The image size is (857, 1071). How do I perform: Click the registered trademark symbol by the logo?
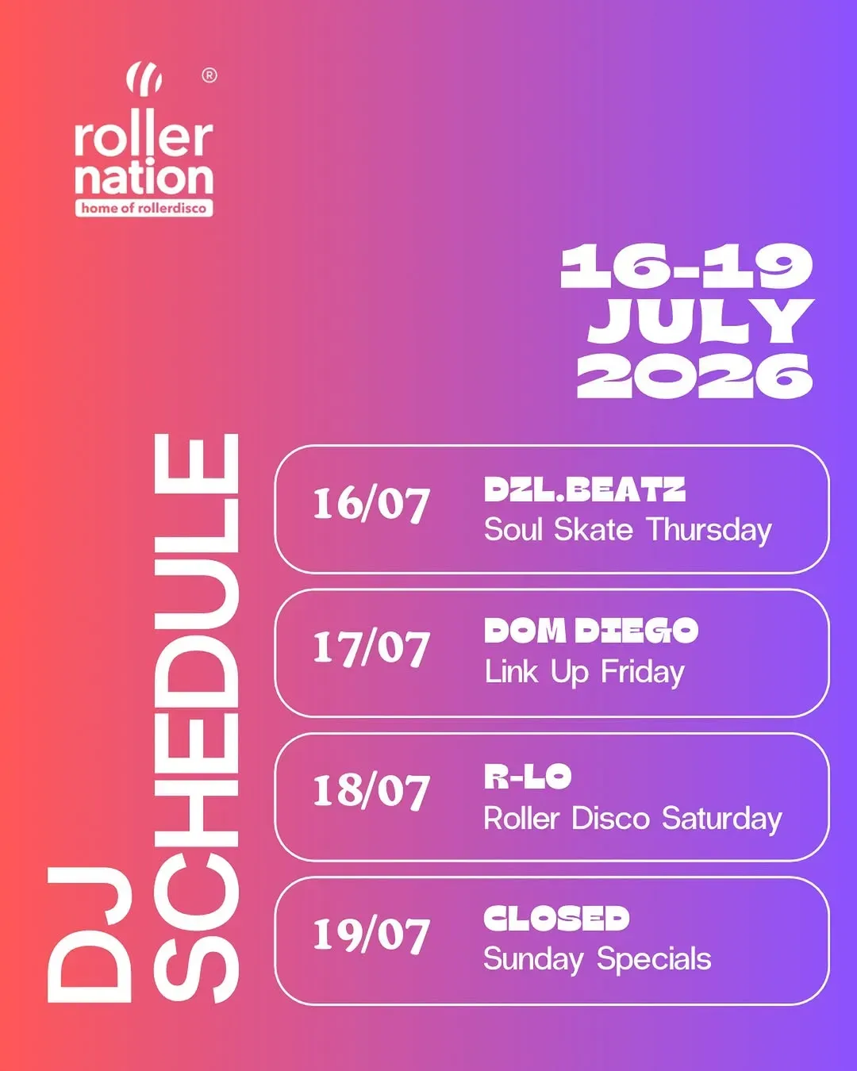pos(209,75)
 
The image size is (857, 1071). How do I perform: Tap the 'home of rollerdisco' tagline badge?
pos(144,208)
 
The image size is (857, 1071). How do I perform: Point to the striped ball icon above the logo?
pos(144,78)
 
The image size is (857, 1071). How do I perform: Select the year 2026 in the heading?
pos(694,376)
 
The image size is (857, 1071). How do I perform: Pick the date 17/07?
pos(371,648)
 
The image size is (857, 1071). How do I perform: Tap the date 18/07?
pos(371,792)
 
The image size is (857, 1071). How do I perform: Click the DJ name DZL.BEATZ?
pos(585,489)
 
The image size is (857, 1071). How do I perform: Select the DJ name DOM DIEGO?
pos(591,631)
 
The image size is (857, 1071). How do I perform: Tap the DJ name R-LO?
pos(528,777)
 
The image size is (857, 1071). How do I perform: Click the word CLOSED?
pos(557,918)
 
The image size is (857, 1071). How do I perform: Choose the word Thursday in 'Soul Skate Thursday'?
pos(710,531)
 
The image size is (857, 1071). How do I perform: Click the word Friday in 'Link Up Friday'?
pos(643,673)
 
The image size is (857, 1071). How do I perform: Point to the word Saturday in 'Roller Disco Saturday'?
pos(722,818)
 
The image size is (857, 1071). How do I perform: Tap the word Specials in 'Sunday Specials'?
pos(655,959)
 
